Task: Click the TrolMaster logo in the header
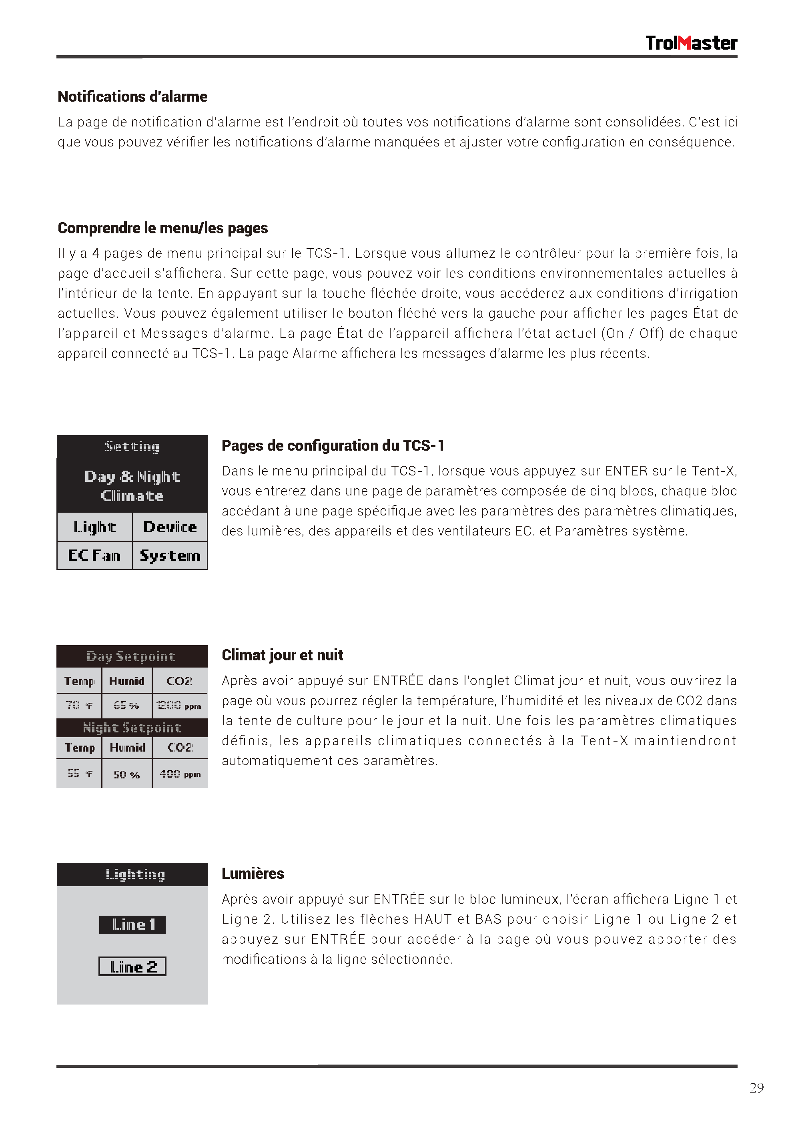[691, 43]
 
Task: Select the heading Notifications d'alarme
[132, 96]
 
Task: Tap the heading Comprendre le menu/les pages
[162, 228]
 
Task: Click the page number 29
[756, 1087]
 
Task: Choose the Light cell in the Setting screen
[94, 527]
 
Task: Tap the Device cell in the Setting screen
[170, 527]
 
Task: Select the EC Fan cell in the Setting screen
[94, 555]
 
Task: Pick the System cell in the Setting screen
[170, 555]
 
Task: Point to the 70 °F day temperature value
[79, 705]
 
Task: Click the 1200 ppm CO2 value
[179, 705]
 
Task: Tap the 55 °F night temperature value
[79, 773]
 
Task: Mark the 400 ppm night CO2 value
[180, 774]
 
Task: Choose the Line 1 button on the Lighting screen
[132, 924]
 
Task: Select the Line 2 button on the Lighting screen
[132, 967]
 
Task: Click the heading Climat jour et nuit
[282, 655]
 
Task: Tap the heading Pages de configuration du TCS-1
[333, 445]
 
